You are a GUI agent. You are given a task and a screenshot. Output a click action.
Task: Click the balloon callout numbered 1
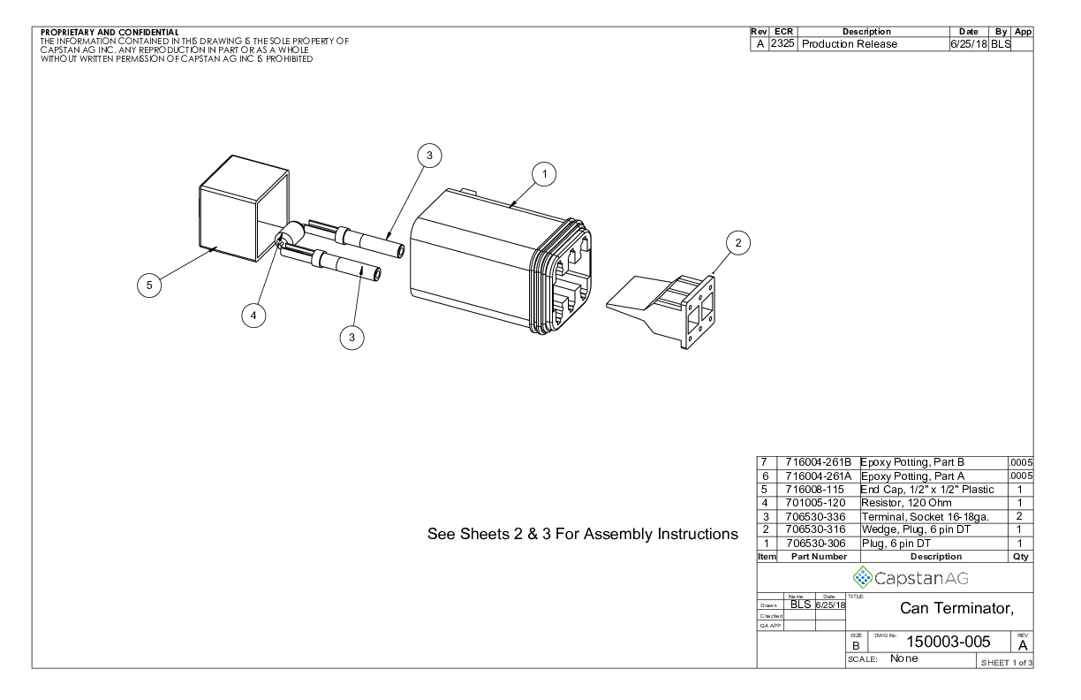pyautogui.click(x=546, y=175)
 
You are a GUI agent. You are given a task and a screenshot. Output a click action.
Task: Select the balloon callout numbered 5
pyautogui.click(x=150, y=285)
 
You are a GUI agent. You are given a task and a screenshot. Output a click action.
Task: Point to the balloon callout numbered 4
pyautogui.click(x=253, y=315)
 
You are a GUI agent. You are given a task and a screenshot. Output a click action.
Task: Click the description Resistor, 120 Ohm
pyautogui.click(x=909, y=502)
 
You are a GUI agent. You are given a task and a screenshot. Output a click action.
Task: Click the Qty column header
pyautogui.click(x=1020, y=557)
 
